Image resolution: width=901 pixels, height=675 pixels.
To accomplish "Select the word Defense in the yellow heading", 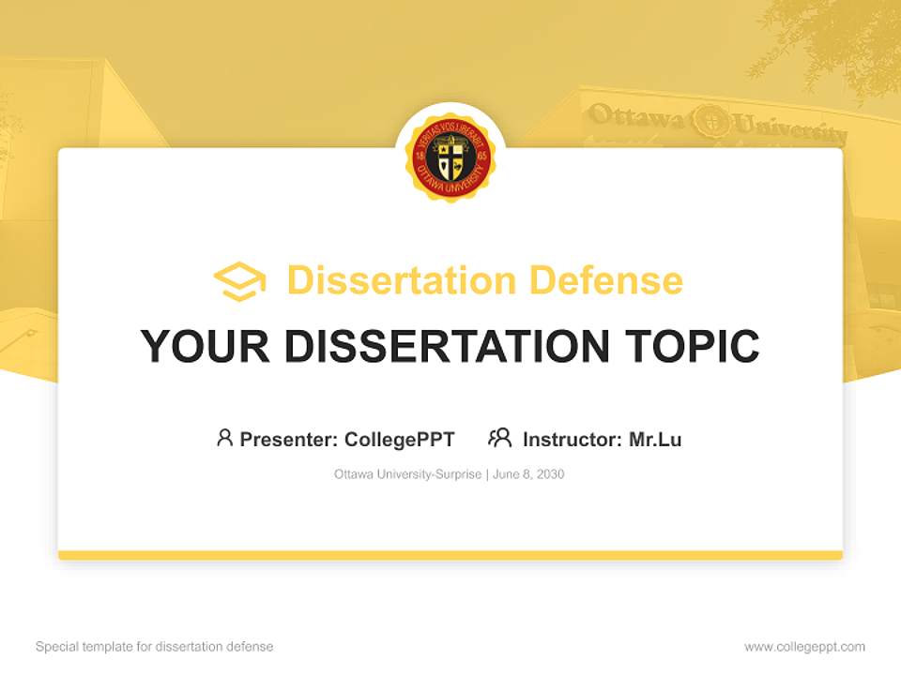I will pos(605,280).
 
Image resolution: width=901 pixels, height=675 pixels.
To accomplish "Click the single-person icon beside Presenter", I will pos(224,438).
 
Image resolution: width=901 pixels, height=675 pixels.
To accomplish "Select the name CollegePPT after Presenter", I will pos(400,440).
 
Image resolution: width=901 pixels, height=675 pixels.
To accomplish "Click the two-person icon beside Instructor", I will pos(500,438).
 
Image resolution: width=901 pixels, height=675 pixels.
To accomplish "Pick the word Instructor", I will pos(571,440).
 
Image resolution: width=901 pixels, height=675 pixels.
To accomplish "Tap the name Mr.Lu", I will pos(655,440).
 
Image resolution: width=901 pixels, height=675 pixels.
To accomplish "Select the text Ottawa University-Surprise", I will pos(407,474).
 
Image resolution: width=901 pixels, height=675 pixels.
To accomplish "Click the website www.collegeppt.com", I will pos(804,647).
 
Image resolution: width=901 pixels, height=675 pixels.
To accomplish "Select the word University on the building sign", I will pos(788,127).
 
